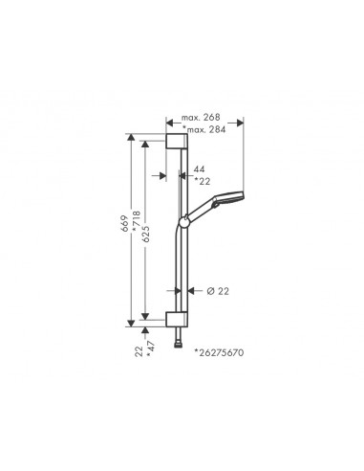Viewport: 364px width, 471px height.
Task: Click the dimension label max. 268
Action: (x=201, y=118)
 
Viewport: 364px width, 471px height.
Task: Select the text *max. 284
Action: (x=204, y=129)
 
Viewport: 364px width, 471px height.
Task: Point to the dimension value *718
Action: (x=136, y=221)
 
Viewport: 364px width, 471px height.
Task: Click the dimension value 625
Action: (x=146, y=234)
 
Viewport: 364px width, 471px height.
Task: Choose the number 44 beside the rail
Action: (x=199, y=169)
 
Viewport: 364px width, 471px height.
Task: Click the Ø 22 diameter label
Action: (x=218, y=291)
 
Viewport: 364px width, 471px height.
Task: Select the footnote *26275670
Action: (x=219, y=352)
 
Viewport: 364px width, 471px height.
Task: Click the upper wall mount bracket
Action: (x=177, y=142)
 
